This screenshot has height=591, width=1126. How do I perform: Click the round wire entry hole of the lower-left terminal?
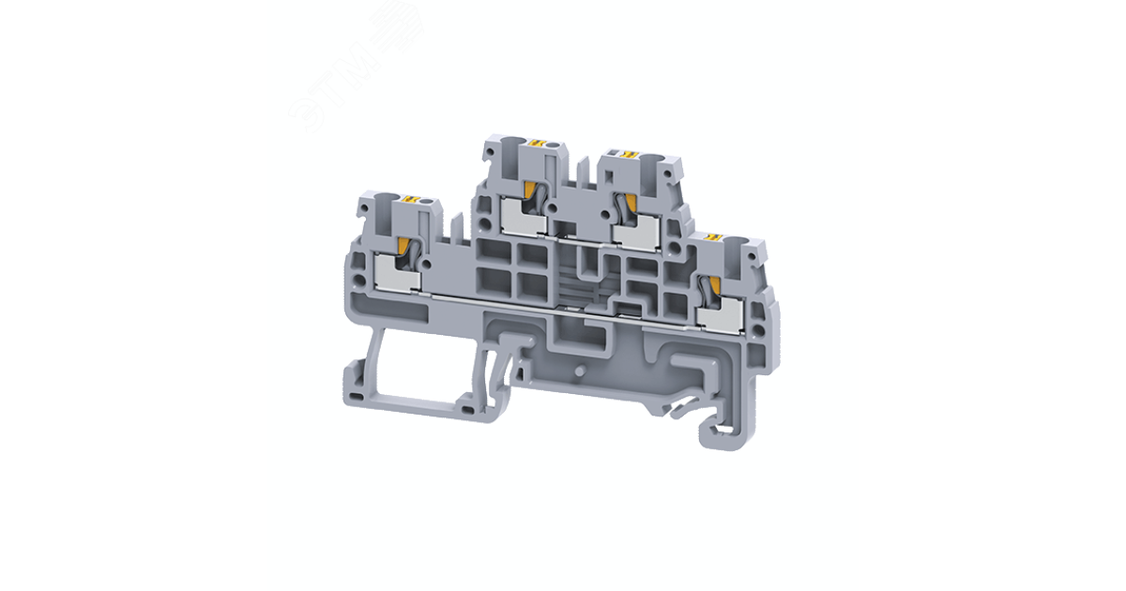pyautogui.click(x=428, y=201)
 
